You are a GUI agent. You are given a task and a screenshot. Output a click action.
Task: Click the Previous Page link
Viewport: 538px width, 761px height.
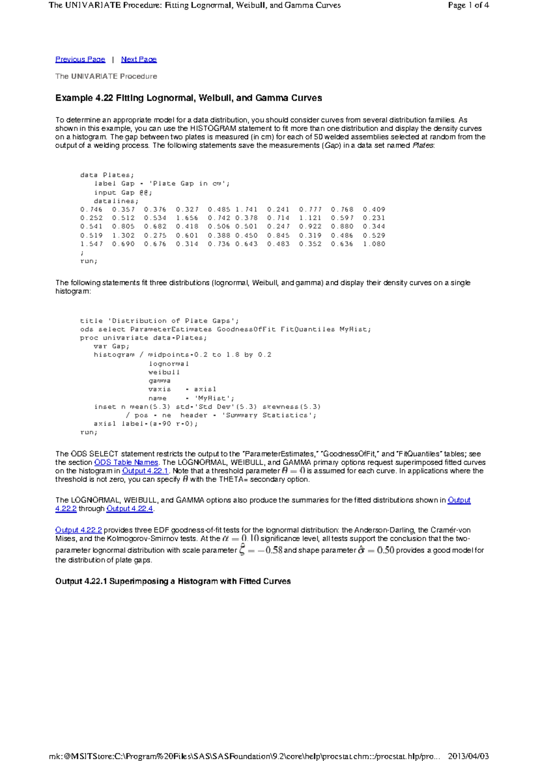(80, 59)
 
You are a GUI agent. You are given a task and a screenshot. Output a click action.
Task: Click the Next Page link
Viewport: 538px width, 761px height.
(139, 59)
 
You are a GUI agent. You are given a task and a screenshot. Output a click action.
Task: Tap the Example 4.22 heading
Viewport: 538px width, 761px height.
(188, 98)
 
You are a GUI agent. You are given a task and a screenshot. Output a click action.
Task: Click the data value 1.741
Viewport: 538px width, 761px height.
(246, 209)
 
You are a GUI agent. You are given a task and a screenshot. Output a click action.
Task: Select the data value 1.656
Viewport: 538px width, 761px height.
(187, 218)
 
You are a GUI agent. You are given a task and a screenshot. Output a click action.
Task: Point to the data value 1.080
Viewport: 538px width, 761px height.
(374, 244)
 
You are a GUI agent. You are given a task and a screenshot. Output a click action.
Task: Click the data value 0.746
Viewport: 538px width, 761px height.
(91, 209)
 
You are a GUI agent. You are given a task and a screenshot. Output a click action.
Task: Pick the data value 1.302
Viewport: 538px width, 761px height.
(123, 235)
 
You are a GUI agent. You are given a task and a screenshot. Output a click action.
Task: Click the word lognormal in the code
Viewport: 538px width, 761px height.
(169, 363)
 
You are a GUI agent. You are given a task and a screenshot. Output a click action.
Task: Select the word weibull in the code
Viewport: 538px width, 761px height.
(164, 372)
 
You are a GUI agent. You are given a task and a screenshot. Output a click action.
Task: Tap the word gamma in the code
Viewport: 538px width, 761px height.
(160, 380)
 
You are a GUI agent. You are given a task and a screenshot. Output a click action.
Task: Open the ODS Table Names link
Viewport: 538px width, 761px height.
(126, 462)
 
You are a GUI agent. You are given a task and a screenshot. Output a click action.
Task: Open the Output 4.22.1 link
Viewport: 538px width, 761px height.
(145, 471)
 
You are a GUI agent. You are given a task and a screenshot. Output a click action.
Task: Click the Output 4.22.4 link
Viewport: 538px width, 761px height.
(130, 508)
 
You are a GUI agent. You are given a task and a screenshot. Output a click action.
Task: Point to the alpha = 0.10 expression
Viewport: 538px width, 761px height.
(240, 538)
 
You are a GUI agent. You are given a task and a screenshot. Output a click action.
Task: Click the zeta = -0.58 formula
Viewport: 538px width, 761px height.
(260, 550)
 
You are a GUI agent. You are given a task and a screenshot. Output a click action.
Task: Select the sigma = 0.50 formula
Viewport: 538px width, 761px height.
(376, 550)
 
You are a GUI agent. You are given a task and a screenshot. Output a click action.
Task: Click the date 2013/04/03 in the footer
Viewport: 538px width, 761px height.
(468, 756)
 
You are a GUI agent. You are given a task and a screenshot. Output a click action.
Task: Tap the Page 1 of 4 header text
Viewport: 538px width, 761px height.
(468, 5)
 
